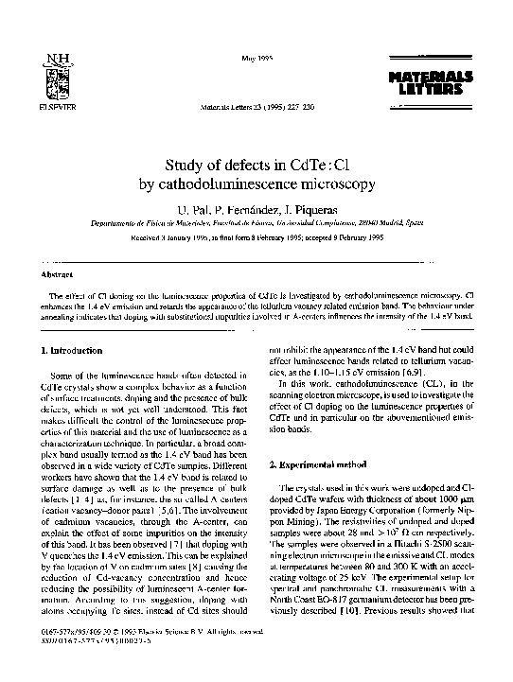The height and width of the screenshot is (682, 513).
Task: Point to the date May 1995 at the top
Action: [256, 59]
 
